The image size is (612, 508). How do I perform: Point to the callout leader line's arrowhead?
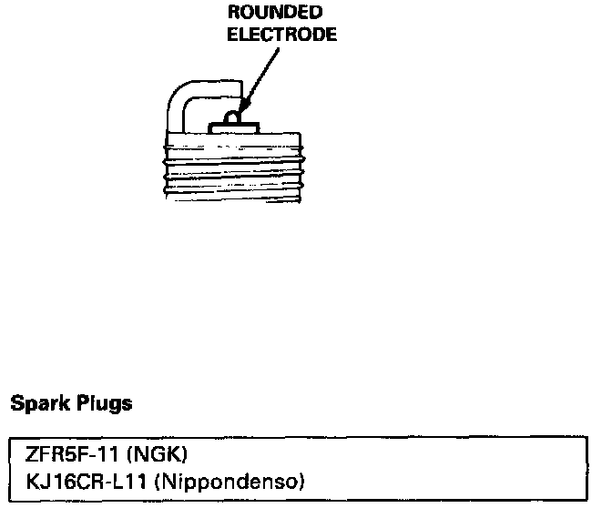tap(240, 115)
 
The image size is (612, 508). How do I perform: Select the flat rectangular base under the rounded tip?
tap(231, 129)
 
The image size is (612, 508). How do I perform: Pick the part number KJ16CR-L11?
tap(80, 477)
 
